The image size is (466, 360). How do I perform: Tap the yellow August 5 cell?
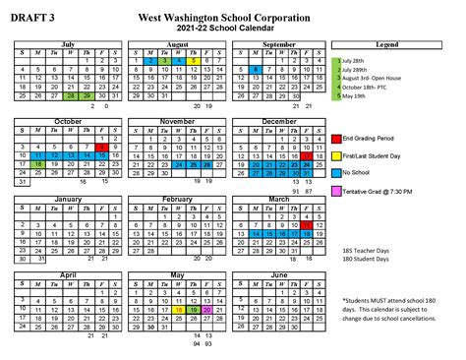[196, 61]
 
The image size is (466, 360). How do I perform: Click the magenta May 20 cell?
[208, 309]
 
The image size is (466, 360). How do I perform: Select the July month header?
[68, 44]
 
